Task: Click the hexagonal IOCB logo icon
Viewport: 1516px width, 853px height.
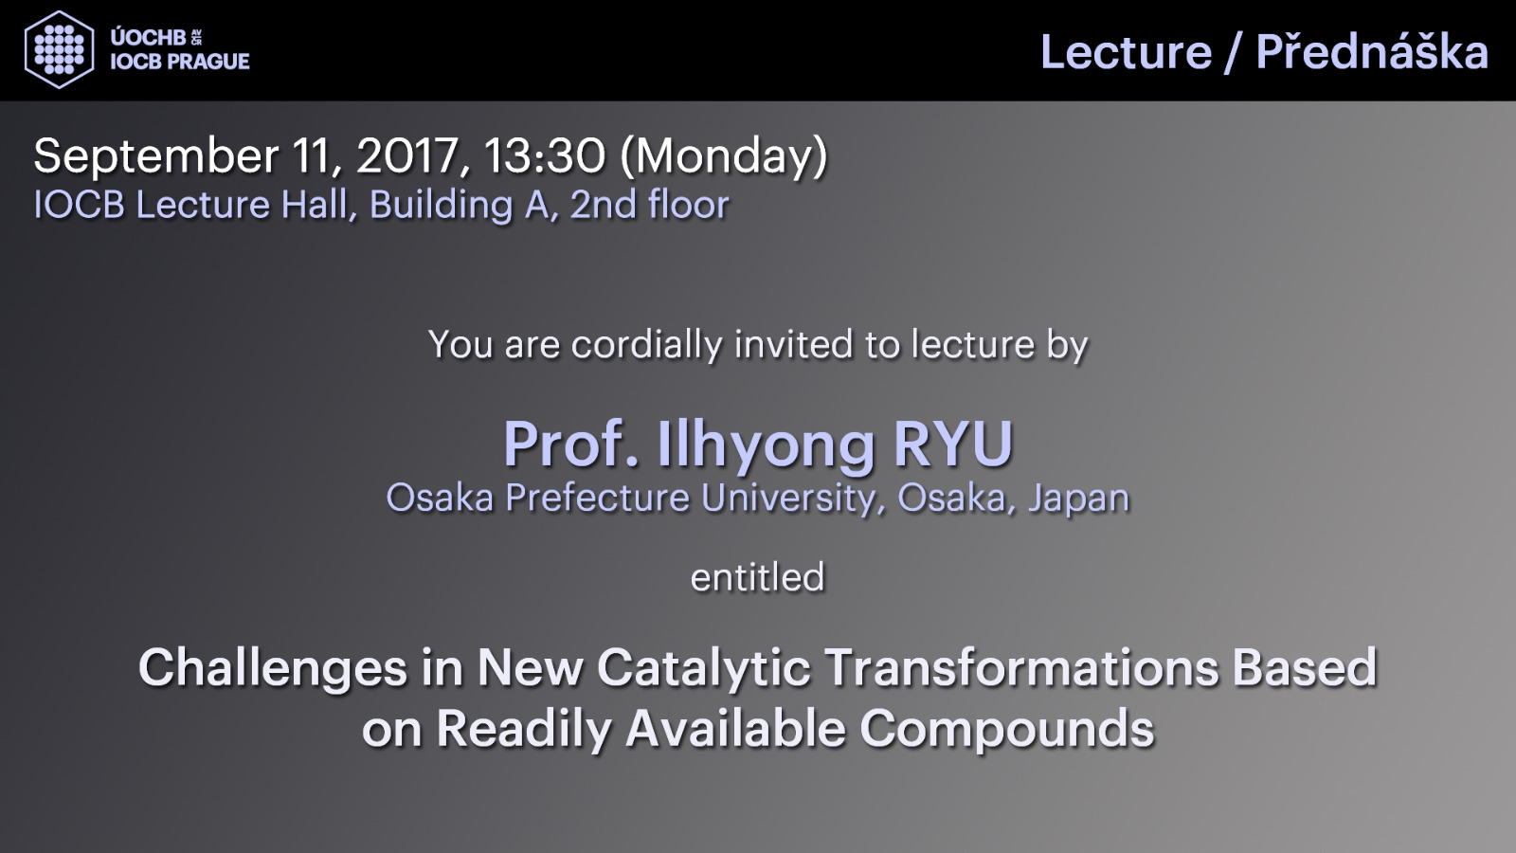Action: (x=59, y=49)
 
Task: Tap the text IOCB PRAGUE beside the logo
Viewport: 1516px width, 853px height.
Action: (x=180, y=62)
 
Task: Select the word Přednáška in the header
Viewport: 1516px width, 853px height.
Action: (x=1372, y=52)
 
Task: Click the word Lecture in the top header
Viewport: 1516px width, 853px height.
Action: (x=1127, y=52)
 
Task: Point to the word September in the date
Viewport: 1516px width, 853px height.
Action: (x=155, y=156)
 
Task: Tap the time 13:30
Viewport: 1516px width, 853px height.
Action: (x=544, y=155)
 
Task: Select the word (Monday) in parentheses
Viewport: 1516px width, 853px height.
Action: (x=724, y=156)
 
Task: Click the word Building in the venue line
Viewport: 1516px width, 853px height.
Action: (x=442, y=205)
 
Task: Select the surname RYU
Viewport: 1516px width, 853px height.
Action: (x=953, y=445)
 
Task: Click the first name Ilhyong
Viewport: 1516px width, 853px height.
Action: (x=767, y=446)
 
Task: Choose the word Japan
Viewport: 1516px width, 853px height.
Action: (x=1079, y=499)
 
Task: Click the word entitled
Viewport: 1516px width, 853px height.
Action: (x=757, y=577)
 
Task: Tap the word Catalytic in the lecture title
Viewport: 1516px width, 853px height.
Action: (x=704, y=668)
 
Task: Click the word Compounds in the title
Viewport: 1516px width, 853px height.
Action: (x=1007, y=731)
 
